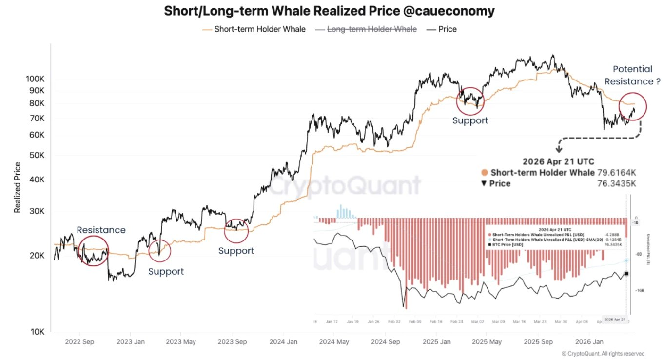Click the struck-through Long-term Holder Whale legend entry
coord(371,29)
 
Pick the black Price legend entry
coord(447,29)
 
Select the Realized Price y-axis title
coord(18,187)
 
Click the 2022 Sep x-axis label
coord(79,342)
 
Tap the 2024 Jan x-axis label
coord(283,342)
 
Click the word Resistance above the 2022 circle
coord(101,230)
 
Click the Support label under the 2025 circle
coord(470,120)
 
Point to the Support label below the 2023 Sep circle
coord(236,251)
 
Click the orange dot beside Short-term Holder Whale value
coord(484,173)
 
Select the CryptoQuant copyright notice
coord(603,353)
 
